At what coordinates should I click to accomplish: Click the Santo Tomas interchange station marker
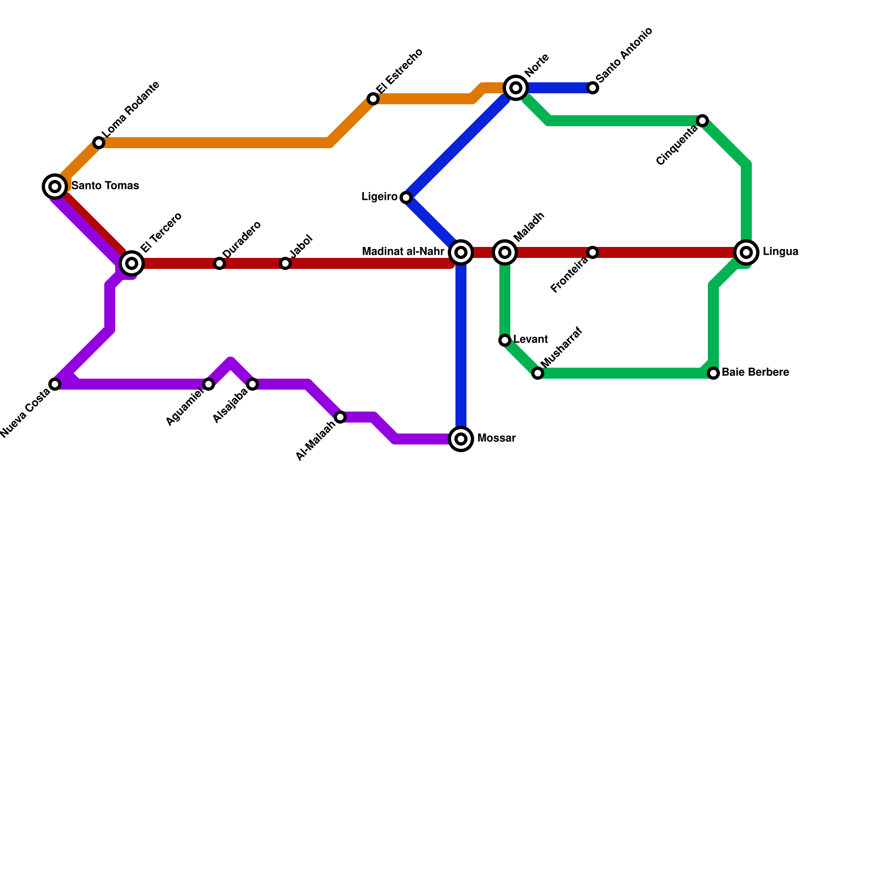55,187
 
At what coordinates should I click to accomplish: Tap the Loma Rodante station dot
99,143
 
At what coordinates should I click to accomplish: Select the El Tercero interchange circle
132,263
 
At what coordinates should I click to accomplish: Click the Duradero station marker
219,263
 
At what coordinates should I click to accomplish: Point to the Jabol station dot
285,263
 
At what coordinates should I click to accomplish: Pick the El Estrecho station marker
373,99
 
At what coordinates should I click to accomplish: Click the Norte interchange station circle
516,88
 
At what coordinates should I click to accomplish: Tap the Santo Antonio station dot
593,88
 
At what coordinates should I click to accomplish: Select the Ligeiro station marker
406,198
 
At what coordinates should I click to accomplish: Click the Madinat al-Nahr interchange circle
461,252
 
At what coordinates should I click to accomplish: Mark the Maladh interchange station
505,252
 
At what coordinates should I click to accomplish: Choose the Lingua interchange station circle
746,252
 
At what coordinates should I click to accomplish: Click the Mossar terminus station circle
461,439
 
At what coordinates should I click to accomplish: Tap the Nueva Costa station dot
55,384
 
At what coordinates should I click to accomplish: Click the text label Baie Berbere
755,373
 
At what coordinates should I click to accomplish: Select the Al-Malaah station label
315,441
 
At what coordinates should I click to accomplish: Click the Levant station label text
530,340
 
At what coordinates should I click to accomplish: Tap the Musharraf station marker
538,373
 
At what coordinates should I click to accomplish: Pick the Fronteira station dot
593,252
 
